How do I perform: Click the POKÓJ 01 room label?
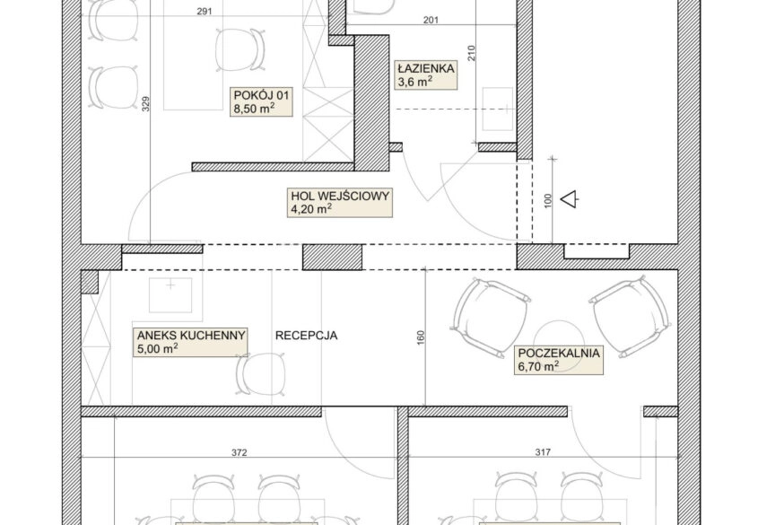click(x=262, y=101)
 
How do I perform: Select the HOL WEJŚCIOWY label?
click(x=340, y=203)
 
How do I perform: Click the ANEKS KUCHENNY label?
click(x=191, y=342)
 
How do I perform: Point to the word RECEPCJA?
click(x=307, y=336)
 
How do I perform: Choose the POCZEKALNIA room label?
click(x=559, y=360)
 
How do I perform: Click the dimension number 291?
click(x=205, y=12)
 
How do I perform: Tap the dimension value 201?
click(x=431, y=20)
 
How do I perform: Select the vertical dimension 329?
click(x=146, y=104)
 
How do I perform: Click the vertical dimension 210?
click(x=472, y=53)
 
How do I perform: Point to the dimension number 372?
click(x=240, y=452)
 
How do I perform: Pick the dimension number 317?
click(x=543, y=452)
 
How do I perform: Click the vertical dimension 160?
click(x=420, y=337)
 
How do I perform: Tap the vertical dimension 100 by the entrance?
click(x=548, y=201)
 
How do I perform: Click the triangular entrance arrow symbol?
click(x=570, y=199)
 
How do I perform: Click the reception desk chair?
click(x=261, y=373)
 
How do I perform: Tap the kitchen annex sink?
click(x=170, y=295)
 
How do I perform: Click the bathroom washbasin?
click(x=498, y=109)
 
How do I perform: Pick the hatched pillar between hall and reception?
click(x=333, y=258)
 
